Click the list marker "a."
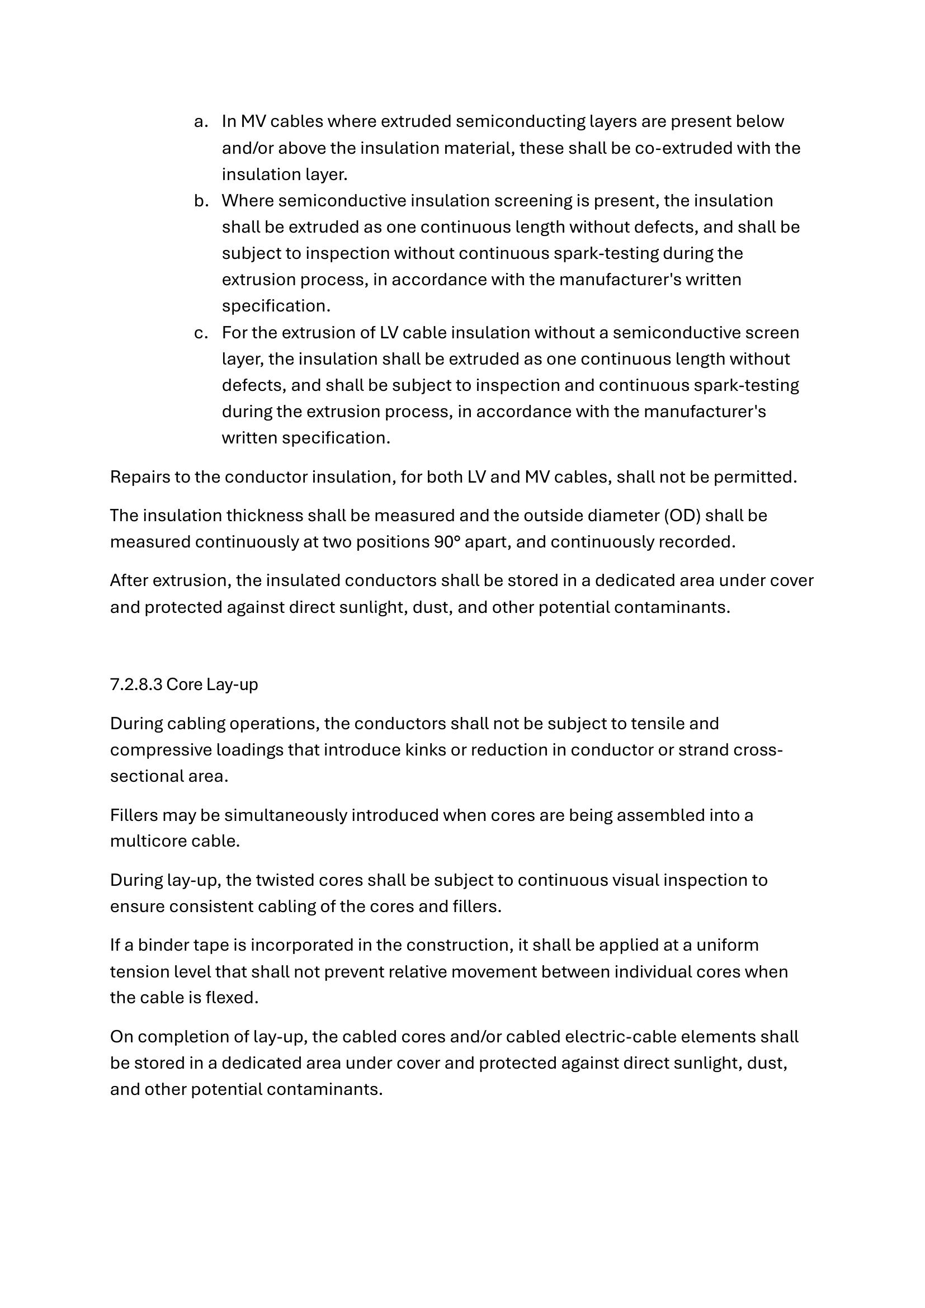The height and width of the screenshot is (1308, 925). point(200,122)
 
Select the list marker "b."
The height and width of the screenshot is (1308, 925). point(200,201)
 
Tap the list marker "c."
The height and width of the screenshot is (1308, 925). point(200,333)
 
